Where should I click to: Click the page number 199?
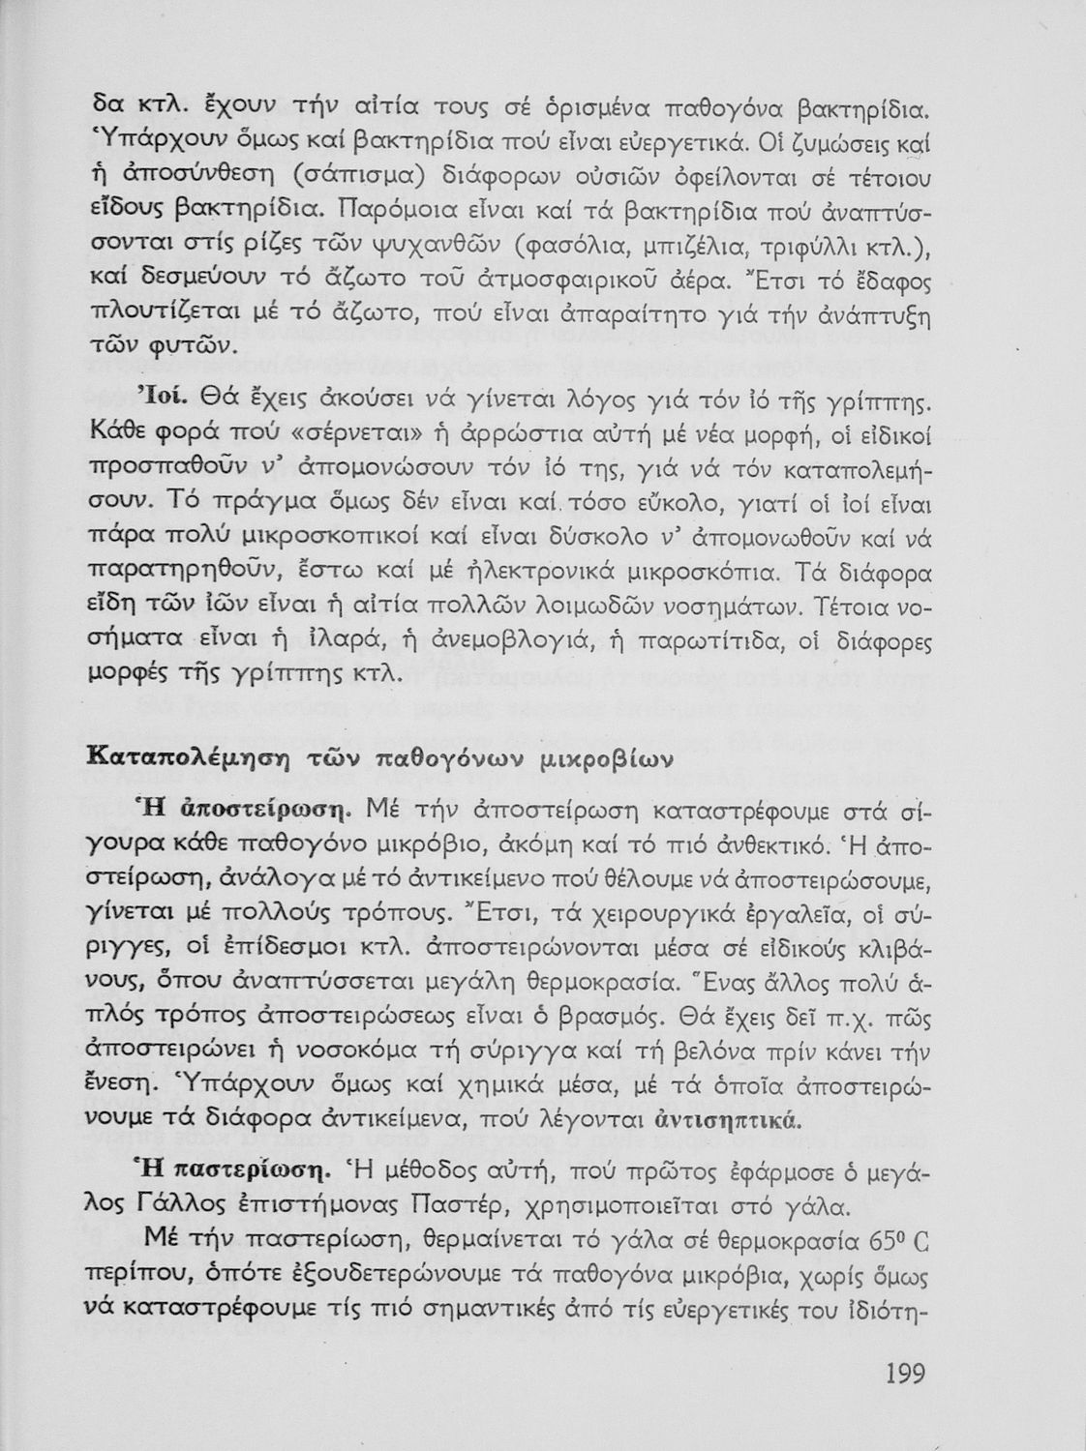pos(906,1375)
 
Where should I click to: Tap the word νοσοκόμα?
pos(392,1052)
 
